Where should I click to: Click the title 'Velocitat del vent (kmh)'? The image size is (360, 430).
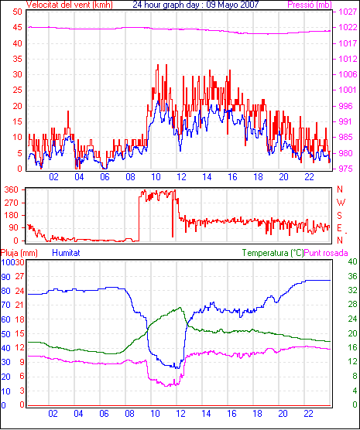coord(69,5)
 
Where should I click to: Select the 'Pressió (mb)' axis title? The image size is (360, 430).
coord(310,5)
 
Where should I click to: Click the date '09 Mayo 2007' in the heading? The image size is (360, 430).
coord(232,5)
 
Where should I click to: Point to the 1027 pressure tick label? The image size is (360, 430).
coord(348,12)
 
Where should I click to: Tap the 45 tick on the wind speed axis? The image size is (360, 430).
coord(17,28)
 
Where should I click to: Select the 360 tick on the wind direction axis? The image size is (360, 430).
coord(12,189)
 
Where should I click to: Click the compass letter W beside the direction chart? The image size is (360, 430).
coord(341,203)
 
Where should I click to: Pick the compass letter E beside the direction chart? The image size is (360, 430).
coord(340,228)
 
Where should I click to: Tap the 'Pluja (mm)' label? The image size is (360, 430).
coord(19,253)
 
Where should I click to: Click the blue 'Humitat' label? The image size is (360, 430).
coord(66,253)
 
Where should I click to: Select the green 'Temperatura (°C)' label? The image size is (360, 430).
coord(273,253)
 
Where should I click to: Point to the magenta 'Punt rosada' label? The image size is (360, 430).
coord(326,253)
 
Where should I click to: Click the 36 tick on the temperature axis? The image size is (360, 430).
coord(352,276)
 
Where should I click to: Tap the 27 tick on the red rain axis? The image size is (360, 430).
coord(19,276)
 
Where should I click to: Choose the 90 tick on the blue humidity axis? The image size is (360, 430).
coord(5,277)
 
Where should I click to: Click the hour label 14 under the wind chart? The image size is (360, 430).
coord(207,177)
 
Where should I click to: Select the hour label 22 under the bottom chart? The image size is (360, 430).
coord(308,414)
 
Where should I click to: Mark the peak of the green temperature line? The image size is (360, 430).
coord(180,307)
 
